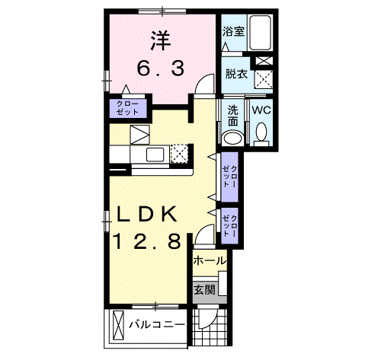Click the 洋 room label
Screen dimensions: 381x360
[x=161, y=41]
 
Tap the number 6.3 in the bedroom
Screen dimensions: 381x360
[x=161, y=68]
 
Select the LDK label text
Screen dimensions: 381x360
[x=146, y=215]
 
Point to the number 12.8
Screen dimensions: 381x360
[x=147, y=241]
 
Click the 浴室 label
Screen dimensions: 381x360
[x=234, y=31]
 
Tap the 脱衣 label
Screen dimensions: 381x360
[x=236, y=74]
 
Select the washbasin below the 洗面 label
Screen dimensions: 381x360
[x=232, y=139]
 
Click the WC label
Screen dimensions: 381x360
[x=261, y=110]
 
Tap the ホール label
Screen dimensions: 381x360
[x=210, y=260]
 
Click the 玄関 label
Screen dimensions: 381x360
[x=204, y=289]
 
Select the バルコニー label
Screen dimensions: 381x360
[x=157, y=325]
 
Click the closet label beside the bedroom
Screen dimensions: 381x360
[x=128, y=108]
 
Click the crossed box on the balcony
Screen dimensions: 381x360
[x=117, y=325]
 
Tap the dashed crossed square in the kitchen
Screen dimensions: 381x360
[x=179, y=153]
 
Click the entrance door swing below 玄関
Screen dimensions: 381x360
[x=208, y=318]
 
